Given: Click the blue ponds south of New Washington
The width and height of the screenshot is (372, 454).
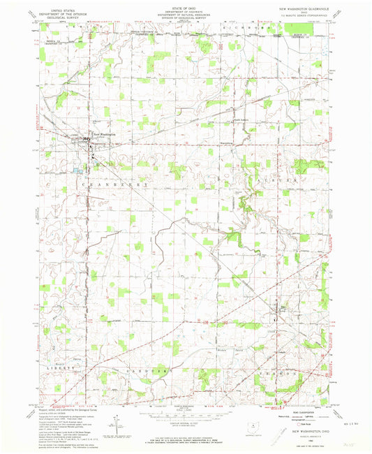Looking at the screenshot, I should coord(77,170).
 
